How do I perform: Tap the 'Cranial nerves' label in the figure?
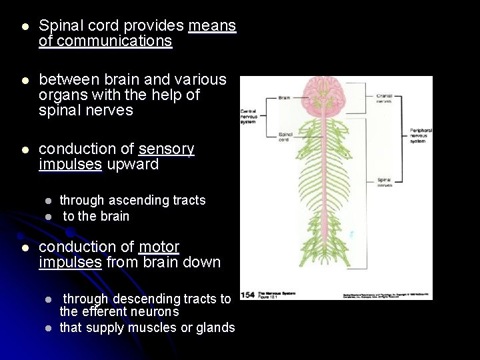coord(385,99)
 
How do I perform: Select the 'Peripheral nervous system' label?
coord(421,135)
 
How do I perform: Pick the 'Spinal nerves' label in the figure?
coord(385,183)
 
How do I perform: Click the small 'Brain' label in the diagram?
coord(283,98)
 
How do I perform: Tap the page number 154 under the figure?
coord(249,294)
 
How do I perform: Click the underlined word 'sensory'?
coord(166,149)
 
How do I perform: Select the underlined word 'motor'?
coord(159,247)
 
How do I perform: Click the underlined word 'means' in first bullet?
coord(212,26)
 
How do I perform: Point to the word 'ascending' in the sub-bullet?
coord(132,200)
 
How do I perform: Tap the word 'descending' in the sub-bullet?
coord(143,298)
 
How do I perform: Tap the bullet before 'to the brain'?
coord(48,217)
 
